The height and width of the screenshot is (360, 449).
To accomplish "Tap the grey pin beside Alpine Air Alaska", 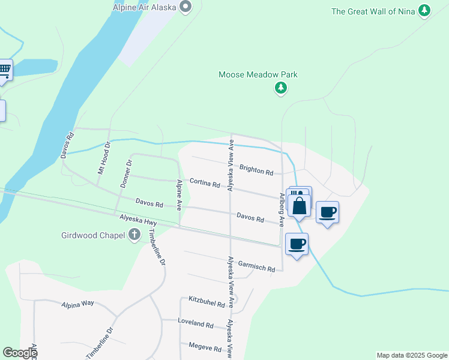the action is (185, 7).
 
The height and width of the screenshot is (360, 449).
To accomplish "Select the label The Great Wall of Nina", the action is (373, 11).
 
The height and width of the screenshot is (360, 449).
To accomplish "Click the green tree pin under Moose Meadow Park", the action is (280, 88).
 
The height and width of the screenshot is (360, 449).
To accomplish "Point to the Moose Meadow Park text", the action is (258, 75).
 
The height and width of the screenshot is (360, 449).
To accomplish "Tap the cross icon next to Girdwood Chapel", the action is (134, 235).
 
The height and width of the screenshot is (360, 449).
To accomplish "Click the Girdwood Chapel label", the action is (93, 235).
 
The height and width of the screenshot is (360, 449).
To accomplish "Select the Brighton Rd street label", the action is (256, 170).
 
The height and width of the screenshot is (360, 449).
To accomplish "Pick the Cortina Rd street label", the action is (205, 183).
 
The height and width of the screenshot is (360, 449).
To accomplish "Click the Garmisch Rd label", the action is (256, 267).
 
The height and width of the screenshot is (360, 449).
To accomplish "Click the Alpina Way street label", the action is (77, 304).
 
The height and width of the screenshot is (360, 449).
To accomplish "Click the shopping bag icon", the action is (299, 206).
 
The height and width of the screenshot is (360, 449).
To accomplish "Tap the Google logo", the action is (20, 353).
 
